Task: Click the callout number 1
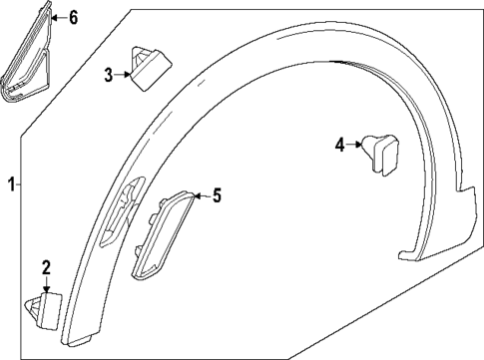click(x=11, y=183)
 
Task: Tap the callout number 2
click(x=45, y=266)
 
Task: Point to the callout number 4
click(x=339, y=146)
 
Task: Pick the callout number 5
click(x=217, y=196)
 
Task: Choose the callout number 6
click(x=72, y=16)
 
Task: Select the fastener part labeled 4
click(x=379, y=153)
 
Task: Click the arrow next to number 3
click(x=123, y=73)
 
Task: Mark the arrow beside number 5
click(x=203, y=196)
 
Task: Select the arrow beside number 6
click(x=56, y=16)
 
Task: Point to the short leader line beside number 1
click(x=21, y=183)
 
